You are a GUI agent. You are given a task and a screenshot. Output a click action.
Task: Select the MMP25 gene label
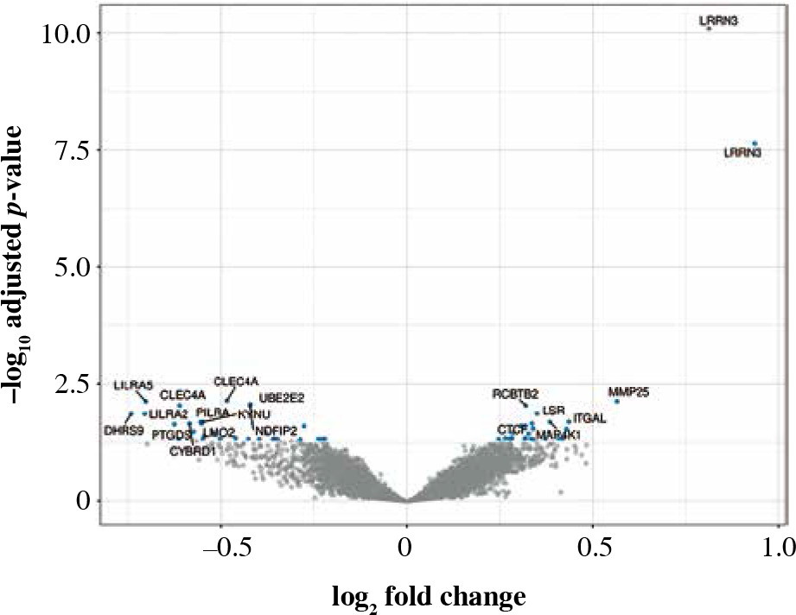(x=628, y=391)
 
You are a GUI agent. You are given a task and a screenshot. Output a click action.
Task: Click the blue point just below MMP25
(x=616, y=402)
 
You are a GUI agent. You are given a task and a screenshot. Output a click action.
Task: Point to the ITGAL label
(x=589, y=418)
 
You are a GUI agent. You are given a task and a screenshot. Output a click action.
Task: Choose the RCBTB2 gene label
(x=515, y=394)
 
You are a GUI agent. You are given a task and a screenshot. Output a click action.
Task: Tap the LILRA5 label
(x=133, y=384)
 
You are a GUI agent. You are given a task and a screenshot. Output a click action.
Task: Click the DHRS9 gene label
(x=123, y=429)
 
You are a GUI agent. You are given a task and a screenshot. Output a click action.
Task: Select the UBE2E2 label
(x=281, y=397)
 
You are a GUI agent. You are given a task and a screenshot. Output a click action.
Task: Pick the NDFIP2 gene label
(x=277, y=430)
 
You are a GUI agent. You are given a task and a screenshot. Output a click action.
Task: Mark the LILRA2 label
(x=169, y=414)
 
